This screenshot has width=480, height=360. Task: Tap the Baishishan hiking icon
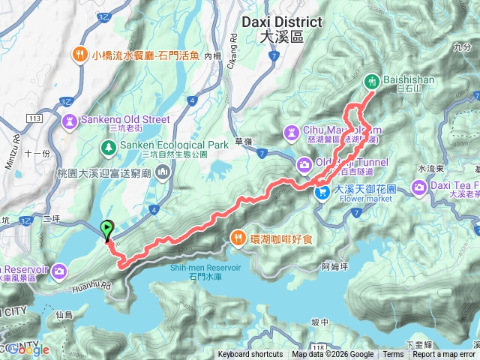(x=370, y=82)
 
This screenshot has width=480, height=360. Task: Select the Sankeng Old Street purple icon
(x=70, y=120)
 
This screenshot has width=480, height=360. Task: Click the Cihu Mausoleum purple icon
(x=290, y=131)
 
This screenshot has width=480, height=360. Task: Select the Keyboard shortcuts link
(x=250, y=355)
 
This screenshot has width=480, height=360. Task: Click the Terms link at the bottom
(x=393, y=355)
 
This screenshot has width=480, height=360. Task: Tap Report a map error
(x=444, y=355)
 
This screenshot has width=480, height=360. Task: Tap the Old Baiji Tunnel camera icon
(x=304, y=163)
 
